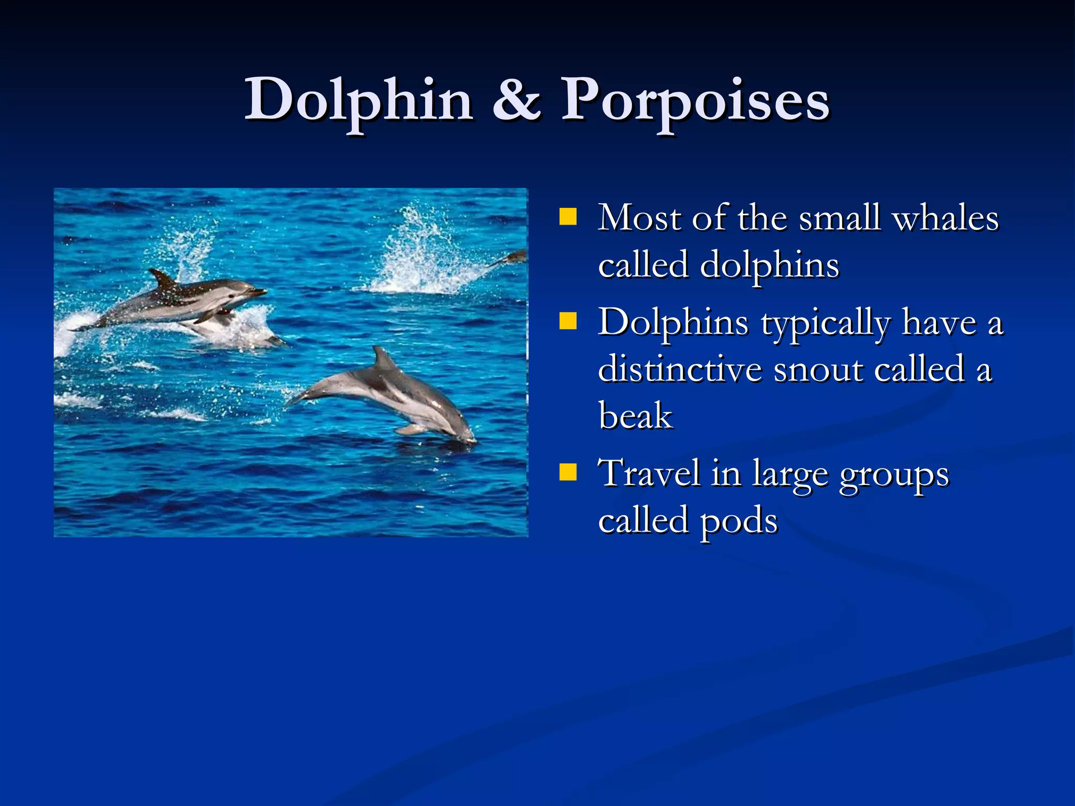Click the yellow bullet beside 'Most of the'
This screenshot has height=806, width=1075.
(567, 217)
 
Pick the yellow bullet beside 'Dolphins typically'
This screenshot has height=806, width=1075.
(567, 321)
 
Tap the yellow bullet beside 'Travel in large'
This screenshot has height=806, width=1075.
(567, 472)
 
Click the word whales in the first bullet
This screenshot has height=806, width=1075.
(945, 218)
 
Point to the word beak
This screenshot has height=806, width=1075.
(635, 416)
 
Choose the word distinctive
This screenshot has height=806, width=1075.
(679, 369)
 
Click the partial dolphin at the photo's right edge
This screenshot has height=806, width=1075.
(512, 258)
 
